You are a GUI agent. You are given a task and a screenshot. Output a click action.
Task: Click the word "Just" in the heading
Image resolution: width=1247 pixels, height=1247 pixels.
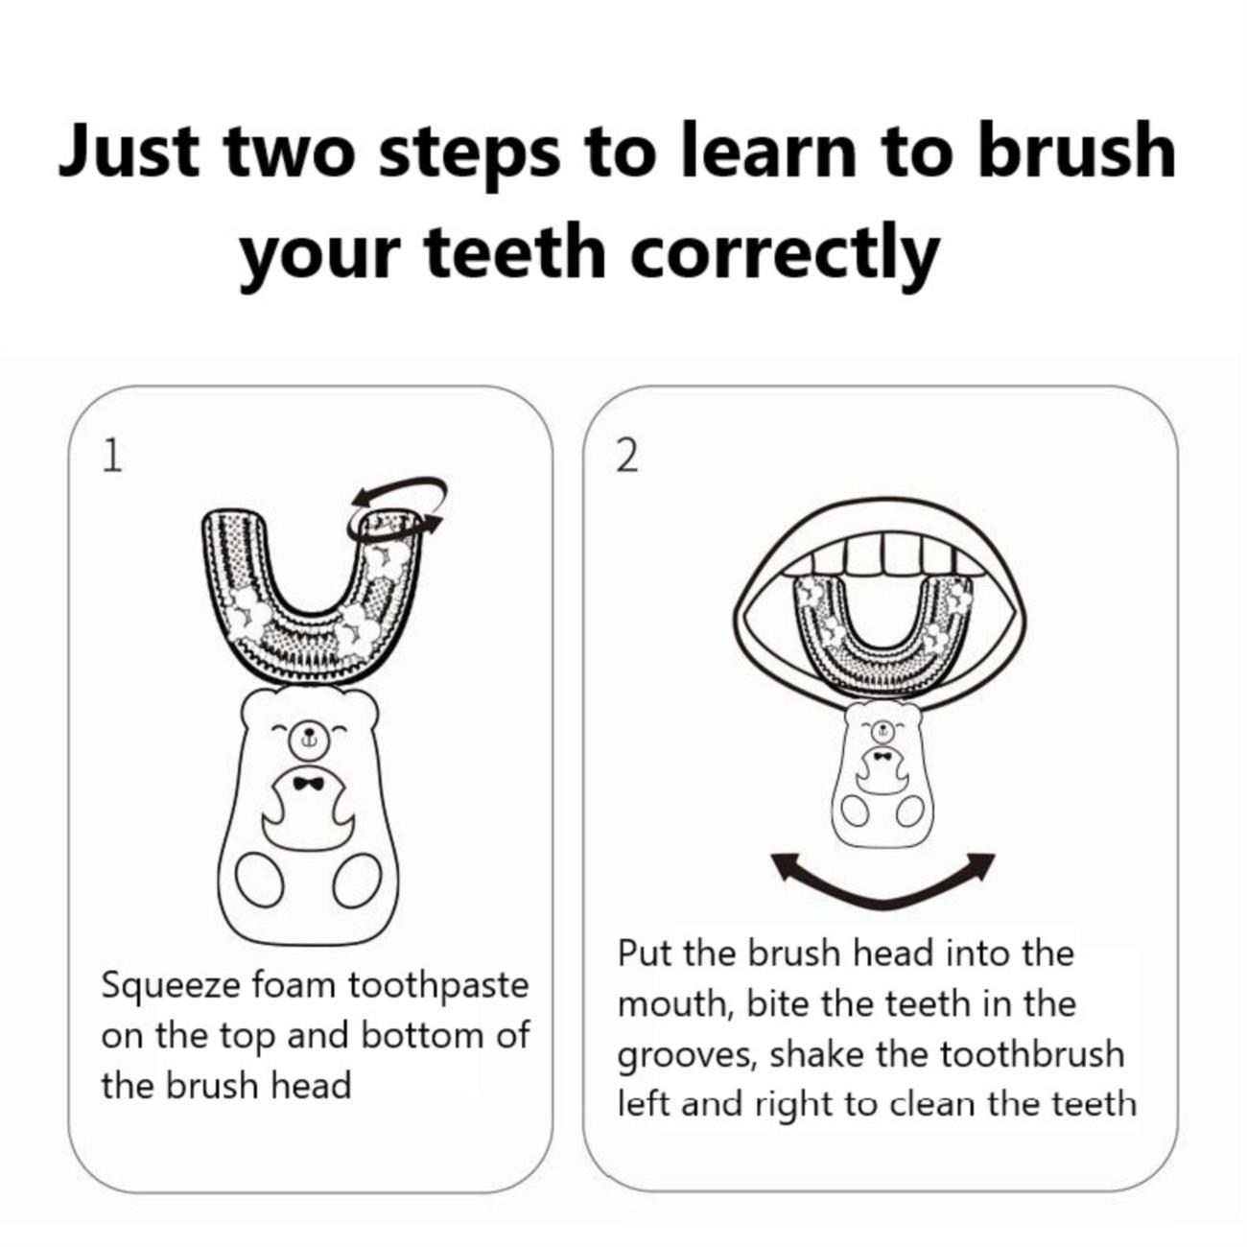coord(129,151)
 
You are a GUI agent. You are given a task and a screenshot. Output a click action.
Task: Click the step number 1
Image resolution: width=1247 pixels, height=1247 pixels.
coord(112,457)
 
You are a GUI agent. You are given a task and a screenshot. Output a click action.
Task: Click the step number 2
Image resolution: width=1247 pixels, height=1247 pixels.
coord(626,457)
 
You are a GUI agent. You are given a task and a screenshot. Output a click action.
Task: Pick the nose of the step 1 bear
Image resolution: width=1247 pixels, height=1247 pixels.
coord(308,735)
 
